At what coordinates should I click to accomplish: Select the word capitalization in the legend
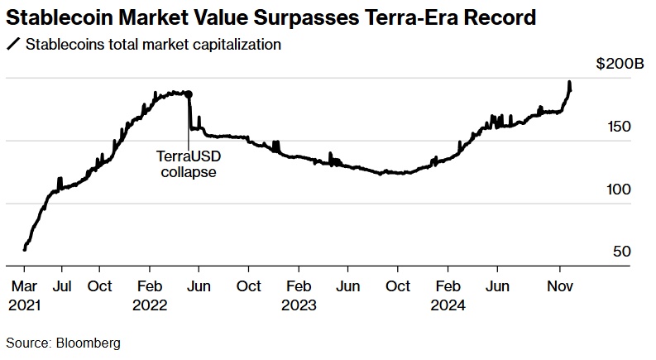pyautogui.click(x=234, y=44)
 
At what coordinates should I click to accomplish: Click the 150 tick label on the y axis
pyautogui.click(x=620, y=127)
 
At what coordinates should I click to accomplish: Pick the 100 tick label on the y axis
pyautogui.click(x=620, y=190)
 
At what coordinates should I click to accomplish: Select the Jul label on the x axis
pyautogui.click(x=60, y=286)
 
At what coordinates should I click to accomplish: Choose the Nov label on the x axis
pyautogui.click(x=562, y=286)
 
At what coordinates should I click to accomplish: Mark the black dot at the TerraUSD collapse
pyautogui.click(x=189, y=94)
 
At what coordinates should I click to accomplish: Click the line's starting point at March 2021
pyautogui.click(x=25, y=248)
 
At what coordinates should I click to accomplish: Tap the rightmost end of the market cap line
pyautogui.click(x=569, y=89)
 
